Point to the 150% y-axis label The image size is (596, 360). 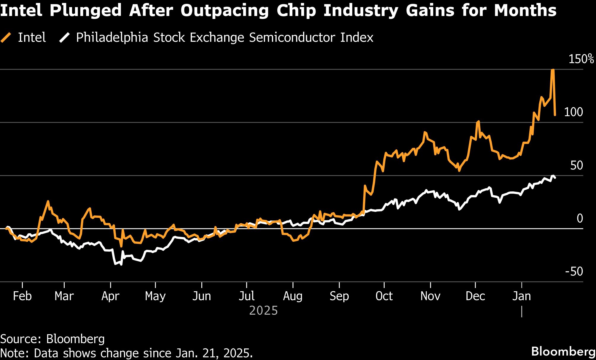click(581, 59)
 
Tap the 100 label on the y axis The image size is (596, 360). click(573, 112)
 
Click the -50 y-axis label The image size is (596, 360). click(574, 271)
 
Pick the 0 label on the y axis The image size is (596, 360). click(579, 218)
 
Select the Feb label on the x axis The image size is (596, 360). click(22, 296)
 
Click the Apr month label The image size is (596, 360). click(110, 296)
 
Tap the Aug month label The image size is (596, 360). click(293, 296)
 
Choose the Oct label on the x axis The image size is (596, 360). click(384, 296)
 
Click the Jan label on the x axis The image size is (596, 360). click(522, 296)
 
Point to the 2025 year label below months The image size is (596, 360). click(263, 311)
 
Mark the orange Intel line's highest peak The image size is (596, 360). click(552, 70)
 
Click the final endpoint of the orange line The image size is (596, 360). click(555, 115)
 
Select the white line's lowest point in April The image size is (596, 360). click(121, 264)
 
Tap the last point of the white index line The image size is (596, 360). click(555, 178)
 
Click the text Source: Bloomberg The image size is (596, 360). click(52, 339)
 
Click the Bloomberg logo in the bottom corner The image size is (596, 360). click(563, 351)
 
